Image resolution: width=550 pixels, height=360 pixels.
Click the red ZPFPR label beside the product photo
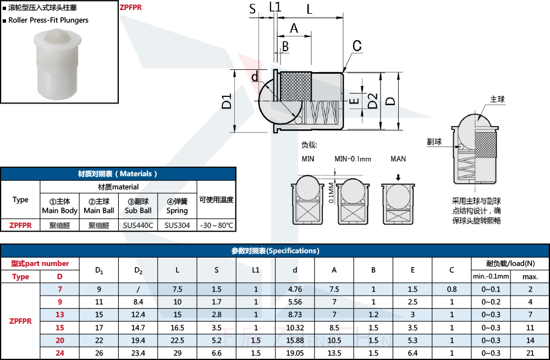(x=130, y=7)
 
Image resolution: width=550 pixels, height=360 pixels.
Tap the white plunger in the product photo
(x=58, y=64)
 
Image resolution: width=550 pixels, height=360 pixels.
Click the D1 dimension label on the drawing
(x=227, y=101)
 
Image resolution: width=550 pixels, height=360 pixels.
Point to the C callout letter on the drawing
(x=357, y=46)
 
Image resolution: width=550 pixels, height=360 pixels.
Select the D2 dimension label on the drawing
(x=372, y=101)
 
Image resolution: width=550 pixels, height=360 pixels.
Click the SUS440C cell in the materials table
(x=138, y=226)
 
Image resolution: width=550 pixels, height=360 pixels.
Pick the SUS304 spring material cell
(x=177, y=226)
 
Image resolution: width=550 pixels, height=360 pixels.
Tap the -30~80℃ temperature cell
(x=216, y=226)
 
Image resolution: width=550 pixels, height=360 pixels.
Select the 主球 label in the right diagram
(x=497, y=100)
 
